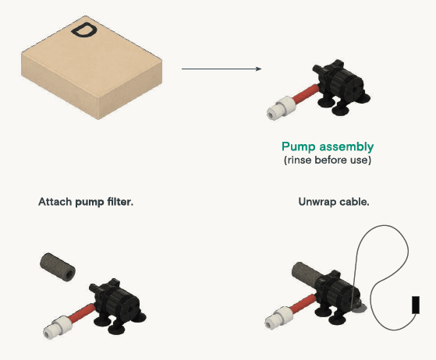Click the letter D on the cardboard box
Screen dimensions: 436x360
84,30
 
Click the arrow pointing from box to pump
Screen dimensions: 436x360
222,69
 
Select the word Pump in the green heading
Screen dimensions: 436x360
299,147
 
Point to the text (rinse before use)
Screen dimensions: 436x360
328,161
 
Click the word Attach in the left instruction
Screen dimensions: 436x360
55,202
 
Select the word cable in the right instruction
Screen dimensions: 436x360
354,202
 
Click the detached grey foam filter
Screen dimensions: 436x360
58,267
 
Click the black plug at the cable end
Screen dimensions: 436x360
416,305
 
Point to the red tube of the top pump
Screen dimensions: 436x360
305,94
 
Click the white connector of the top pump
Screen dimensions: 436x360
280,108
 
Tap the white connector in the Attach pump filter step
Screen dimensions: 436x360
57,327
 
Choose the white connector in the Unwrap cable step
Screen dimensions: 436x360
278,318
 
